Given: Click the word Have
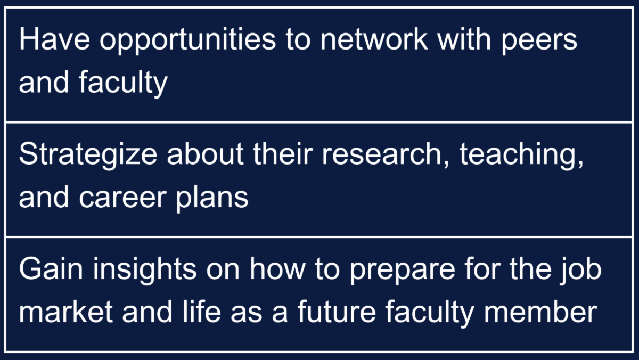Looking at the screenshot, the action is [x=54, y=39].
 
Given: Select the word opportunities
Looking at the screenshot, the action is [x=187, y=41].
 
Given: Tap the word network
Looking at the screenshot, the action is [x=374, y=39].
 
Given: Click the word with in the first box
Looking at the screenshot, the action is [x=464, y=39].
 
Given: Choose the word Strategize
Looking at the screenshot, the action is [x=88, y=155].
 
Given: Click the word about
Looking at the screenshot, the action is [x=205, y=153].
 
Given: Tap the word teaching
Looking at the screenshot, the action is [x=521, y=155].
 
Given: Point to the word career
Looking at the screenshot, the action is [x=122, y=198].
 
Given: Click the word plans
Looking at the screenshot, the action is [x=212, y=198].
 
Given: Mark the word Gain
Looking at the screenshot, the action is [x=51, y=268].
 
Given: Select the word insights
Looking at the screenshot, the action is [x=145, y=270].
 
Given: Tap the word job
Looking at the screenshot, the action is [x=580, y=270].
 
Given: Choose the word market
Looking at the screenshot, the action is [x=66, y=312].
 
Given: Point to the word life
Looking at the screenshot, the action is [x=202, y=312].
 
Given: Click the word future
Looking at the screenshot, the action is [x=337, y=312].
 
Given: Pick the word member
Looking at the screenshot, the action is [x=540, y=312].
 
